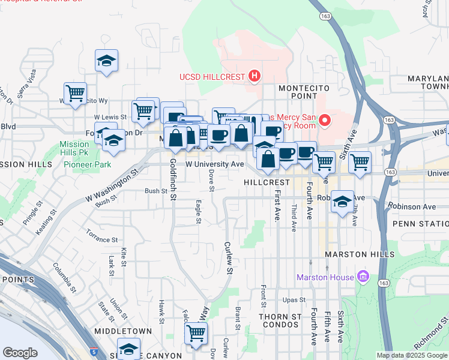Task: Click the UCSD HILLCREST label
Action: pos(213,77)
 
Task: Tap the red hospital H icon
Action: pos(255,76)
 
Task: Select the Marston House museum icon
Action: pos(363,277)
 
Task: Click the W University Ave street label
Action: pos(214,164)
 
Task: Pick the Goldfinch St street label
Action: pos(173,179)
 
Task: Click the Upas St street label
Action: pos(294,299)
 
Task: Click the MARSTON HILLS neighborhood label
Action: pos(360,254)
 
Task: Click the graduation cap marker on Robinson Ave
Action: pos(343,202)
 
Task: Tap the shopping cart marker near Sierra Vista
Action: pos(76,93)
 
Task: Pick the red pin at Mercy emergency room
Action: pos(325,121)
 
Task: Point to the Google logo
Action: pos(20,353)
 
